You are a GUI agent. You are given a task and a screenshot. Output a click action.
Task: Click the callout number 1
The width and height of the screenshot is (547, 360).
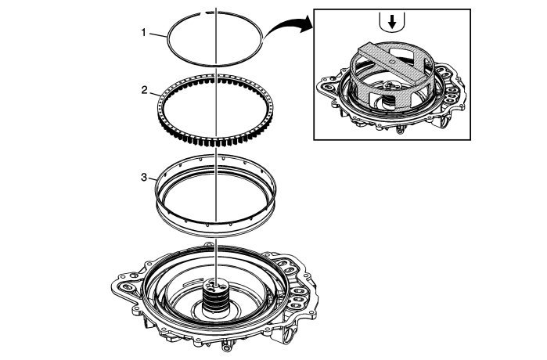tap(143, 34)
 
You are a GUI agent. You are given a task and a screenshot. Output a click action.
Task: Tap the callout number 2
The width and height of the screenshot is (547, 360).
tap(144, 90)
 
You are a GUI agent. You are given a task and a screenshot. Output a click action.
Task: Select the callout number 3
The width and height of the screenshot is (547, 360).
tap(144, 178)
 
